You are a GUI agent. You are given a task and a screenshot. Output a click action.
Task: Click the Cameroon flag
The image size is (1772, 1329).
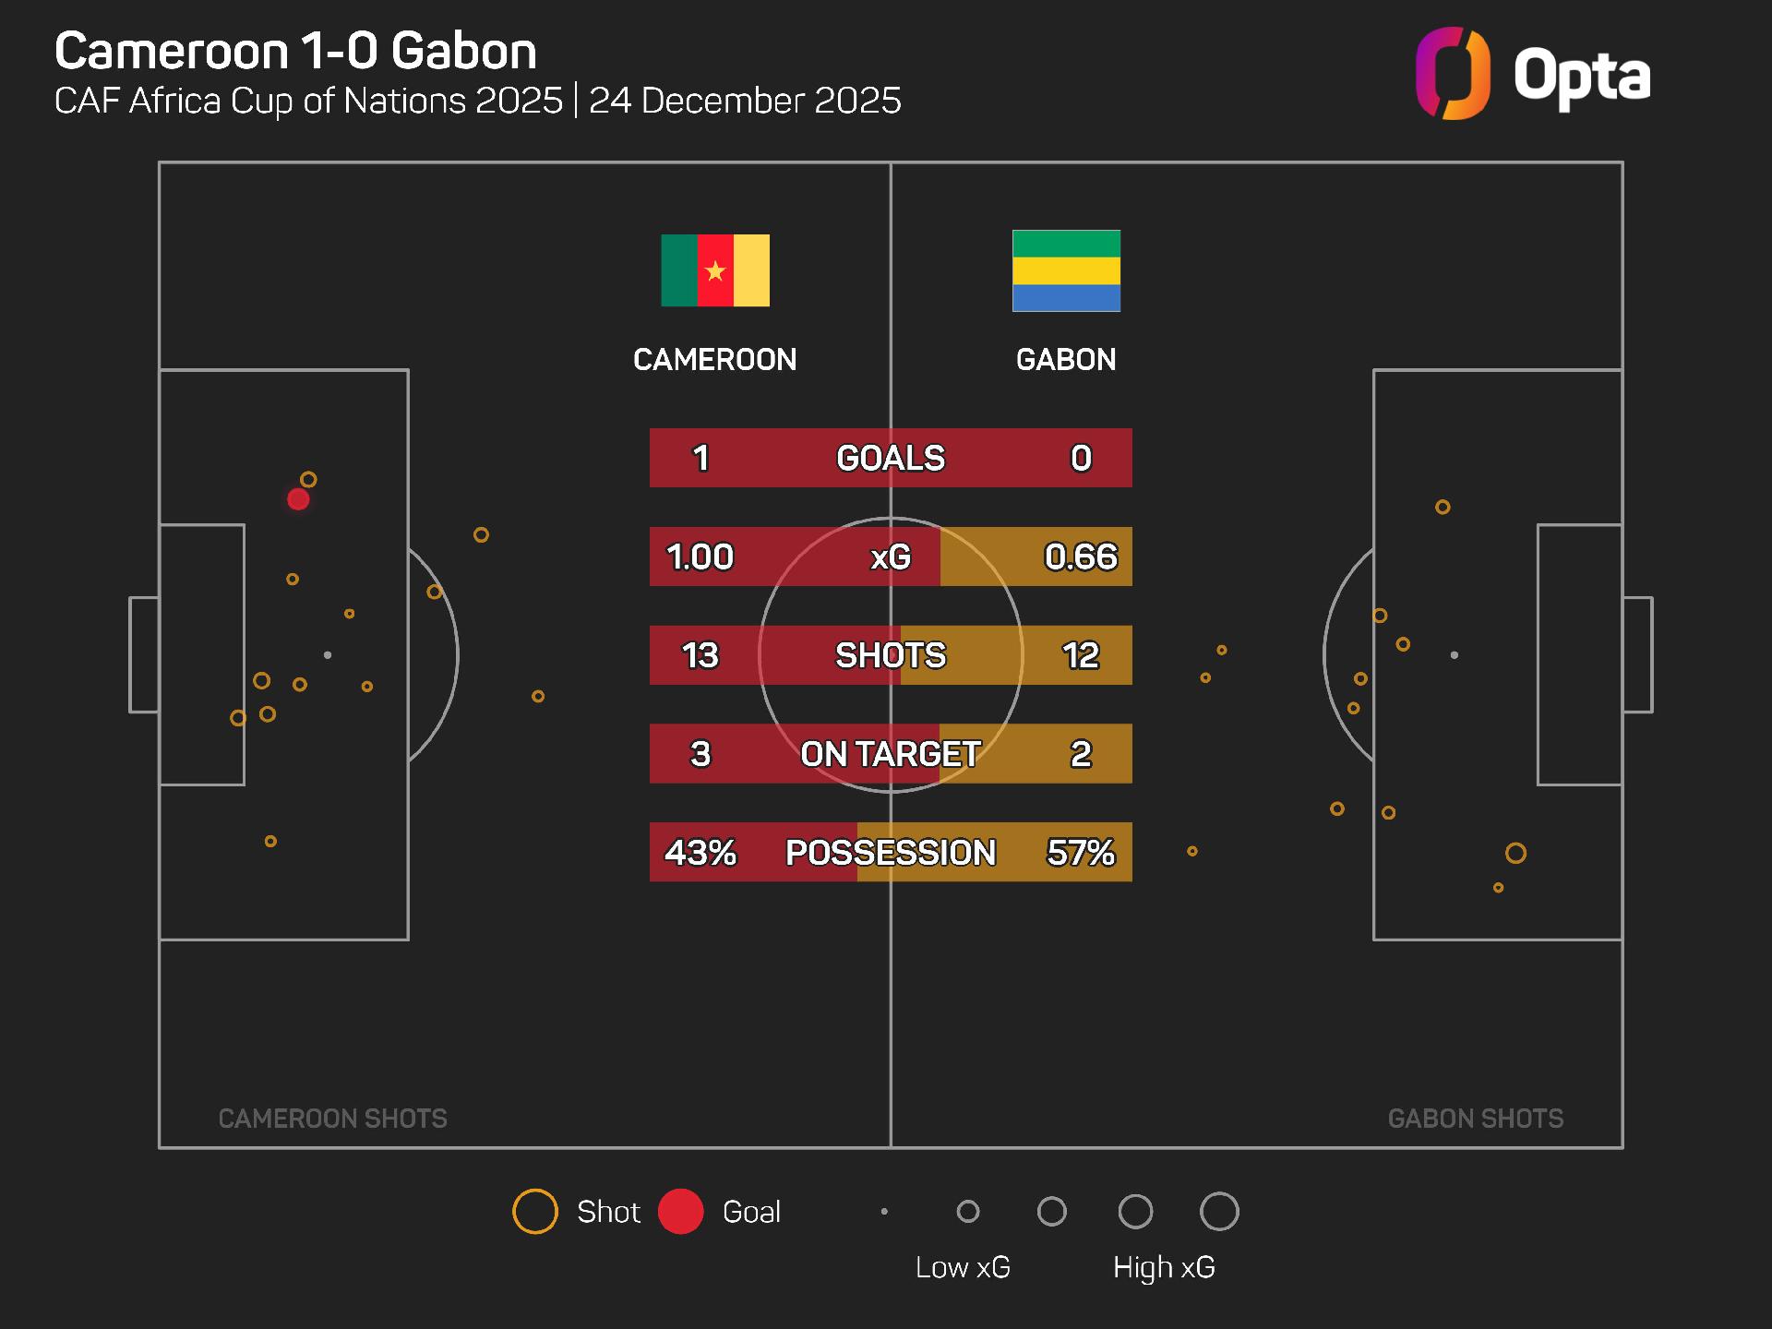[x=715, y=270]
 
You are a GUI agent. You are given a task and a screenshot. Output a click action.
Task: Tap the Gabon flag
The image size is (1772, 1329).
[x=1066, y=270]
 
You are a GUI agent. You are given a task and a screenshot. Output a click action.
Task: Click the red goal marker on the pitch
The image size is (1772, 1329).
[x=298, y=499]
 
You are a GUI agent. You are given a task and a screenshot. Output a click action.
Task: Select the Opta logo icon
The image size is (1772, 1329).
[x=1453, y=74]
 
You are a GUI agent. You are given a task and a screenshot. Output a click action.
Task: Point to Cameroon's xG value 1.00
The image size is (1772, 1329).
[x=700, y=557]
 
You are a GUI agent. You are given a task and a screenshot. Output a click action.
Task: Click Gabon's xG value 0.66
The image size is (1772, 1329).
[x=1081, y=557]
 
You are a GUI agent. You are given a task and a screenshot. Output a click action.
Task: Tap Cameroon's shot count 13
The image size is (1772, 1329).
[x=700, y=655]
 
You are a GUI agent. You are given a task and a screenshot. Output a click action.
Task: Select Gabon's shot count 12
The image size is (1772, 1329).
[x=1081, y=655]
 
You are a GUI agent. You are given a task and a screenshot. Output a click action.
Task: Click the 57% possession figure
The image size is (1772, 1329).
[x=1081, y=852]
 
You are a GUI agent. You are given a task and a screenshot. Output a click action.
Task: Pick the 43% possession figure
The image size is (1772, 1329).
[x=700, y=852]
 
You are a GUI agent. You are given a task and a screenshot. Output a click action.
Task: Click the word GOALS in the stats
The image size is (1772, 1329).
[x=891, y=458]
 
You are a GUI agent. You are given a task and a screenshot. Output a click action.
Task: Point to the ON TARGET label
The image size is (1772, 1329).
[x=891, y=754]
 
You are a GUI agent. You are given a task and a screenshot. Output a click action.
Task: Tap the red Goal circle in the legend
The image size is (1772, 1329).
[x=681, y=1212]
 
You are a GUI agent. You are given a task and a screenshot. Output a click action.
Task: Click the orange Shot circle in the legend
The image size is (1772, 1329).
[x=535, y=1212]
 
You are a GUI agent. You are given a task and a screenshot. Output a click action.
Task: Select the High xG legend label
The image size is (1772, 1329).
[x=1164, y=1267]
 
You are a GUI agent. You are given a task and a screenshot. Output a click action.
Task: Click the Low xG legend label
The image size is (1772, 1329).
[x=963, y=1267]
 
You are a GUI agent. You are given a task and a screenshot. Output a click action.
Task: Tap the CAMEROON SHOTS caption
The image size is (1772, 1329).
[x=332, y=1119]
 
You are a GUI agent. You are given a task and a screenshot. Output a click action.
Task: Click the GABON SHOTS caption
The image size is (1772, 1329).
[x=1475, y=1119]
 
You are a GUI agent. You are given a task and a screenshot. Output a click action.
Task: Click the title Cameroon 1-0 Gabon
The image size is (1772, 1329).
[x=295, y=51]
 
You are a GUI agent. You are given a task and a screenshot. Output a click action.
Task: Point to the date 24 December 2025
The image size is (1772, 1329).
[x=745, y=101]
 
